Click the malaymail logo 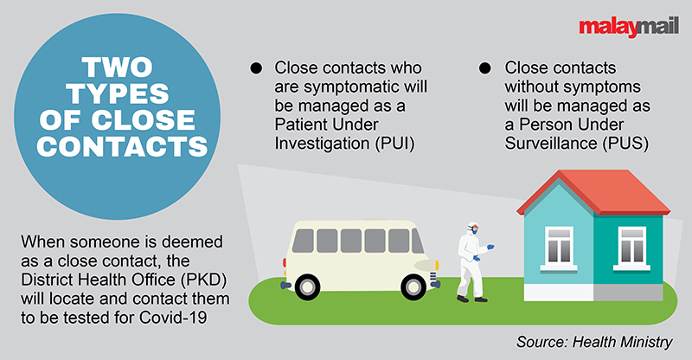click(x=620, y=28)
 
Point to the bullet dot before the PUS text click(x=487, y=67)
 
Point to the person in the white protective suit click(x=471, y=260)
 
